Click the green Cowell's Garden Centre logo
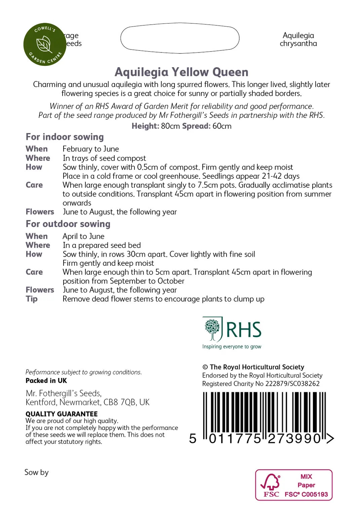tap(45, 44)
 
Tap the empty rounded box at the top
tap(180, 38)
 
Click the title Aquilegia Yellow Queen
tap(182, 72)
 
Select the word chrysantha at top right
tap(298, 44)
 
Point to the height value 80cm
tap(170, 126)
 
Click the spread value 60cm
tap(222, 126)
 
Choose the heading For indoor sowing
tap(65, 137)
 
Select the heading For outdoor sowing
tap(68, 224)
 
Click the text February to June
tap(91, 149)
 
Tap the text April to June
tap(83, 236)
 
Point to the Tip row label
tap(32, 299)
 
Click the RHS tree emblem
tap(212, 329)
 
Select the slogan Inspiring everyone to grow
tap(232, 347)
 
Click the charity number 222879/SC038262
tap(292, 384)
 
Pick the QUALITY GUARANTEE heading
tap(62, 414)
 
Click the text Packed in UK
tap(46, 381)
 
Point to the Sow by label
tap(36, 473)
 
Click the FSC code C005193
tap(314, 494)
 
